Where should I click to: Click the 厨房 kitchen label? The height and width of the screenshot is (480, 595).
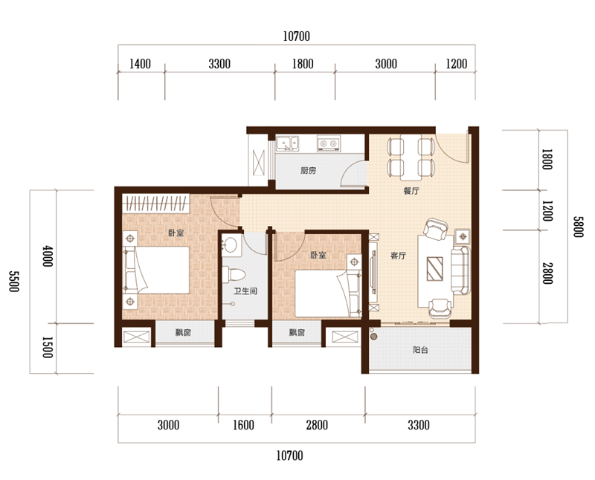308,171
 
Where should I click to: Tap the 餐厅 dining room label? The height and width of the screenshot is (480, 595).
411,191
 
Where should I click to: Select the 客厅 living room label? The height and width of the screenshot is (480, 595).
398,256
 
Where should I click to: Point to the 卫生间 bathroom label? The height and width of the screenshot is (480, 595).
245,291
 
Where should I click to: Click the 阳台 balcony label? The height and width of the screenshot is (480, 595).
420,349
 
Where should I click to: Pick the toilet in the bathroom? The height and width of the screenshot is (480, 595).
234,274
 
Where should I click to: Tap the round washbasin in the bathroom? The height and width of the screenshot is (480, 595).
230,245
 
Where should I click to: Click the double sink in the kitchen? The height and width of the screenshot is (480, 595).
287,143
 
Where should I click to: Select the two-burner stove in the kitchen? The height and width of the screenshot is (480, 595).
329,143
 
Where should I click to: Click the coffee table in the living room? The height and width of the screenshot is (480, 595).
434,269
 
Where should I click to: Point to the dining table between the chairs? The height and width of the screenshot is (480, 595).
411,158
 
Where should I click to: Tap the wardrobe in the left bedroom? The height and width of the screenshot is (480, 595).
155,204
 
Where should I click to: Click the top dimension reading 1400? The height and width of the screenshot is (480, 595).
140,64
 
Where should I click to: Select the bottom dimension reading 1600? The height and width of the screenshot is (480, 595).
243,425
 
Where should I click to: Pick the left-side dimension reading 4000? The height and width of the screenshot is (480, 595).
48,256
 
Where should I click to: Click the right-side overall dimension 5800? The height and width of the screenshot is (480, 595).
578,227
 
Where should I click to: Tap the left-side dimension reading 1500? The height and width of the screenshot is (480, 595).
47,347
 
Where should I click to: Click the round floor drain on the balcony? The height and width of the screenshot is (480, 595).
374,336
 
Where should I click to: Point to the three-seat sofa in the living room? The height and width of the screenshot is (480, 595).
460,270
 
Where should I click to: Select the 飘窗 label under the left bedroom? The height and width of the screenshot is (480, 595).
183,333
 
